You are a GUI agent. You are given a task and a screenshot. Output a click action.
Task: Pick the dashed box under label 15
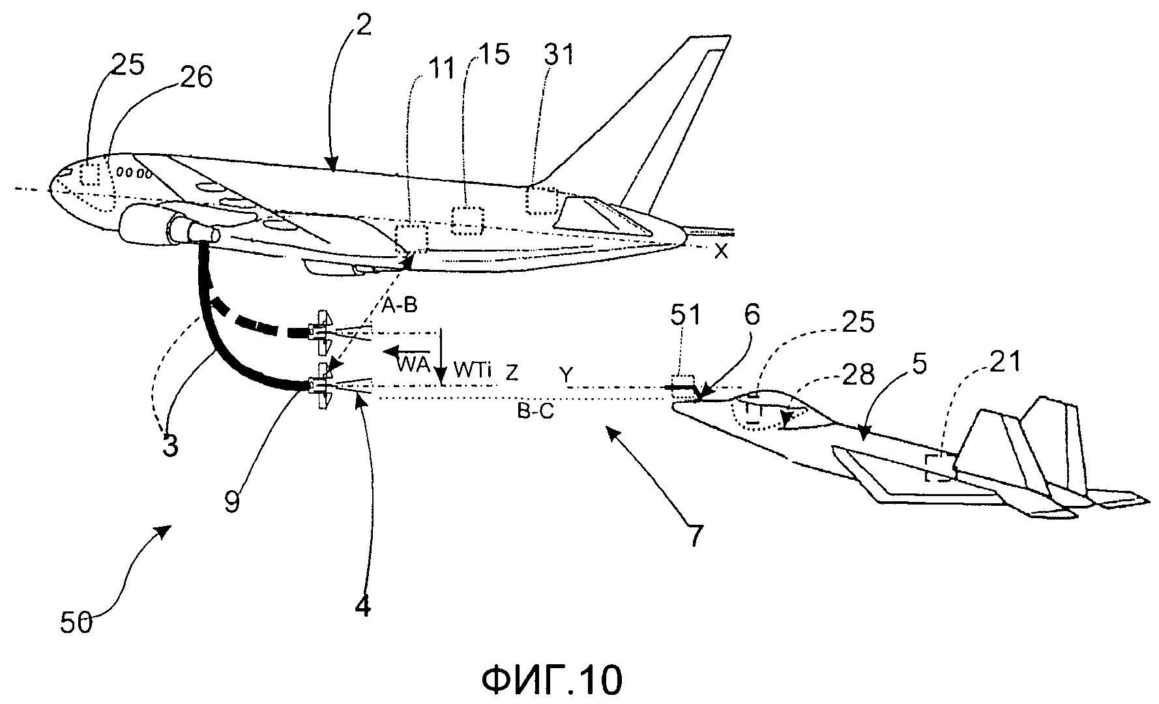coord(469,220)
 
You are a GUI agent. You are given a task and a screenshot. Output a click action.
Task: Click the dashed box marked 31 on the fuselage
coord(544,200)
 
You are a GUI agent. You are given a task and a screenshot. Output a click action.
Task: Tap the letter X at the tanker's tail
coord(720,252)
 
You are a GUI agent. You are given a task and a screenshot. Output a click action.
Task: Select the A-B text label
coord(400,304)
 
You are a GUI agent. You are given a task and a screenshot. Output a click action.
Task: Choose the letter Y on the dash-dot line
coord(566,374)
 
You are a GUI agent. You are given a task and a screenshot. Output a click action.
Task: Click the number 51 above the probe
coord(684,316)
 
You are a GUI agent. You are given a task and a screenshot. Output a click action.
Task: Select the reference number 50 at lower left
coord(78,624)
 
